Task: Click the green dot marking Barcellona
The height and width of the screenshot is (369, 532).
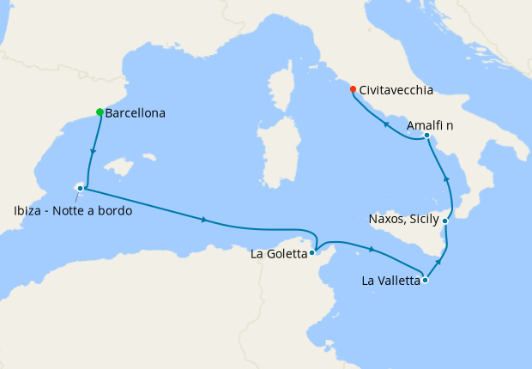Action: pyautogui.click(x=100, y=112)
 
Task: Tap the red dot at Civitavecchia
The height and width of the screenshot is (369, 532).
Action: pyautogui.click(x=353, y=88)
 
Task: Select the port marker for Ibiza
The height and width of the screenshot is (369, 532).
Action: pyautogui.click(x=81, y=187)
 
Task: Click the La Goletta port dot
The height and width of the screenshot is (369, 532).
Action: pyautogui.click(x=313, y=252)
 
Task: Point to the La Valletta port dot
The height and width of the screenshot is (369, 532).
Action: pyautogui.click(x=426, y=279)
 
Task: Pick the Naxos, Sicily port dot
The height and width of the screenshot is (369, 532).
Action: pyautogui.click(x=444, y=221)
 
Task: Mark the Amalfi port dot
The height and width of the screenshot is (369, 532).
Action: pyautogui.click(x=426, y=136)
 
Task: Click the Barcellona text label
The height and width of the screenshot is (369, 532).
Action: pyautogui.click(x=135, y=112)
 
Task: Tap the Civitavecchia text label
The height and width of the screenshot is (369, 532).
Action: pyautogui.click(x=396, y=89)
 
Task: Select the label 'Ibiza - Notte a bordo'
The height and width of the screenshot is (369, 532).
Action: pyautogui.click(x=73, y=211)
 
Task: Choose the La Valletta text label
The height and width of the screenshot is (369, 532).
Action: pyautogui.click(x=391, y=280)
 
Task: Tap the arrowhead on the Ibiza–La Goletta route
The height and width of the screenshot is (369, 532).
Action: pyautogui.click(x=204, y=220)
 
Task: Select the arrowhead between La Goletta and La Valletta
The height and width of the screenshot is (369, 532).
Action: pyautogui.click(x=371, y=249)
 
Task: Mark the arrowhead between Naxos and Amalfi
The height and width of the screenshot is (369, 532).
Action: pyautogui.click(x=446, y=178)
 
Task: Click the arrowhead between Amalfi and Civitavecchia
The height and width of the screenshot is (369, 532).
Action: pyautogui.click(x=385, y=124)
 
